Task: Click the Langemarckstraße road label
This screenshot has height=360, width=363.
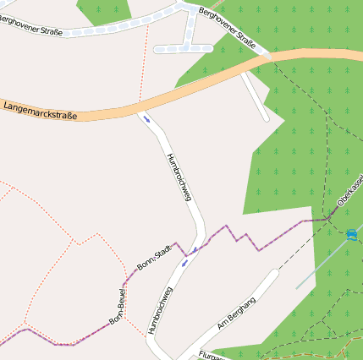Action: [41, 109]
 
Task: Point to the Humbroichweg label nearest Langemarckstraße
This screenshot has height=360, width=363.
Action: [179, 176]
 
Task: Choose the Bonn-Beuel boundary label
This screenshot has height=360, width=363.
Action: [118, 308]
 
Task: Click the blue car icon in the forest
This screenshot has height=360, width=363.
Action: [351, 234]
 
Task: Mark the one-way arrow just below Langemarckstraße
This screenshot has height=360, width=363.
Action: [148, 119]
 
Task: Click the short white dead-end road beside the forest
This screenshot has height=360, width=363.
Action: [256, 97]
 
